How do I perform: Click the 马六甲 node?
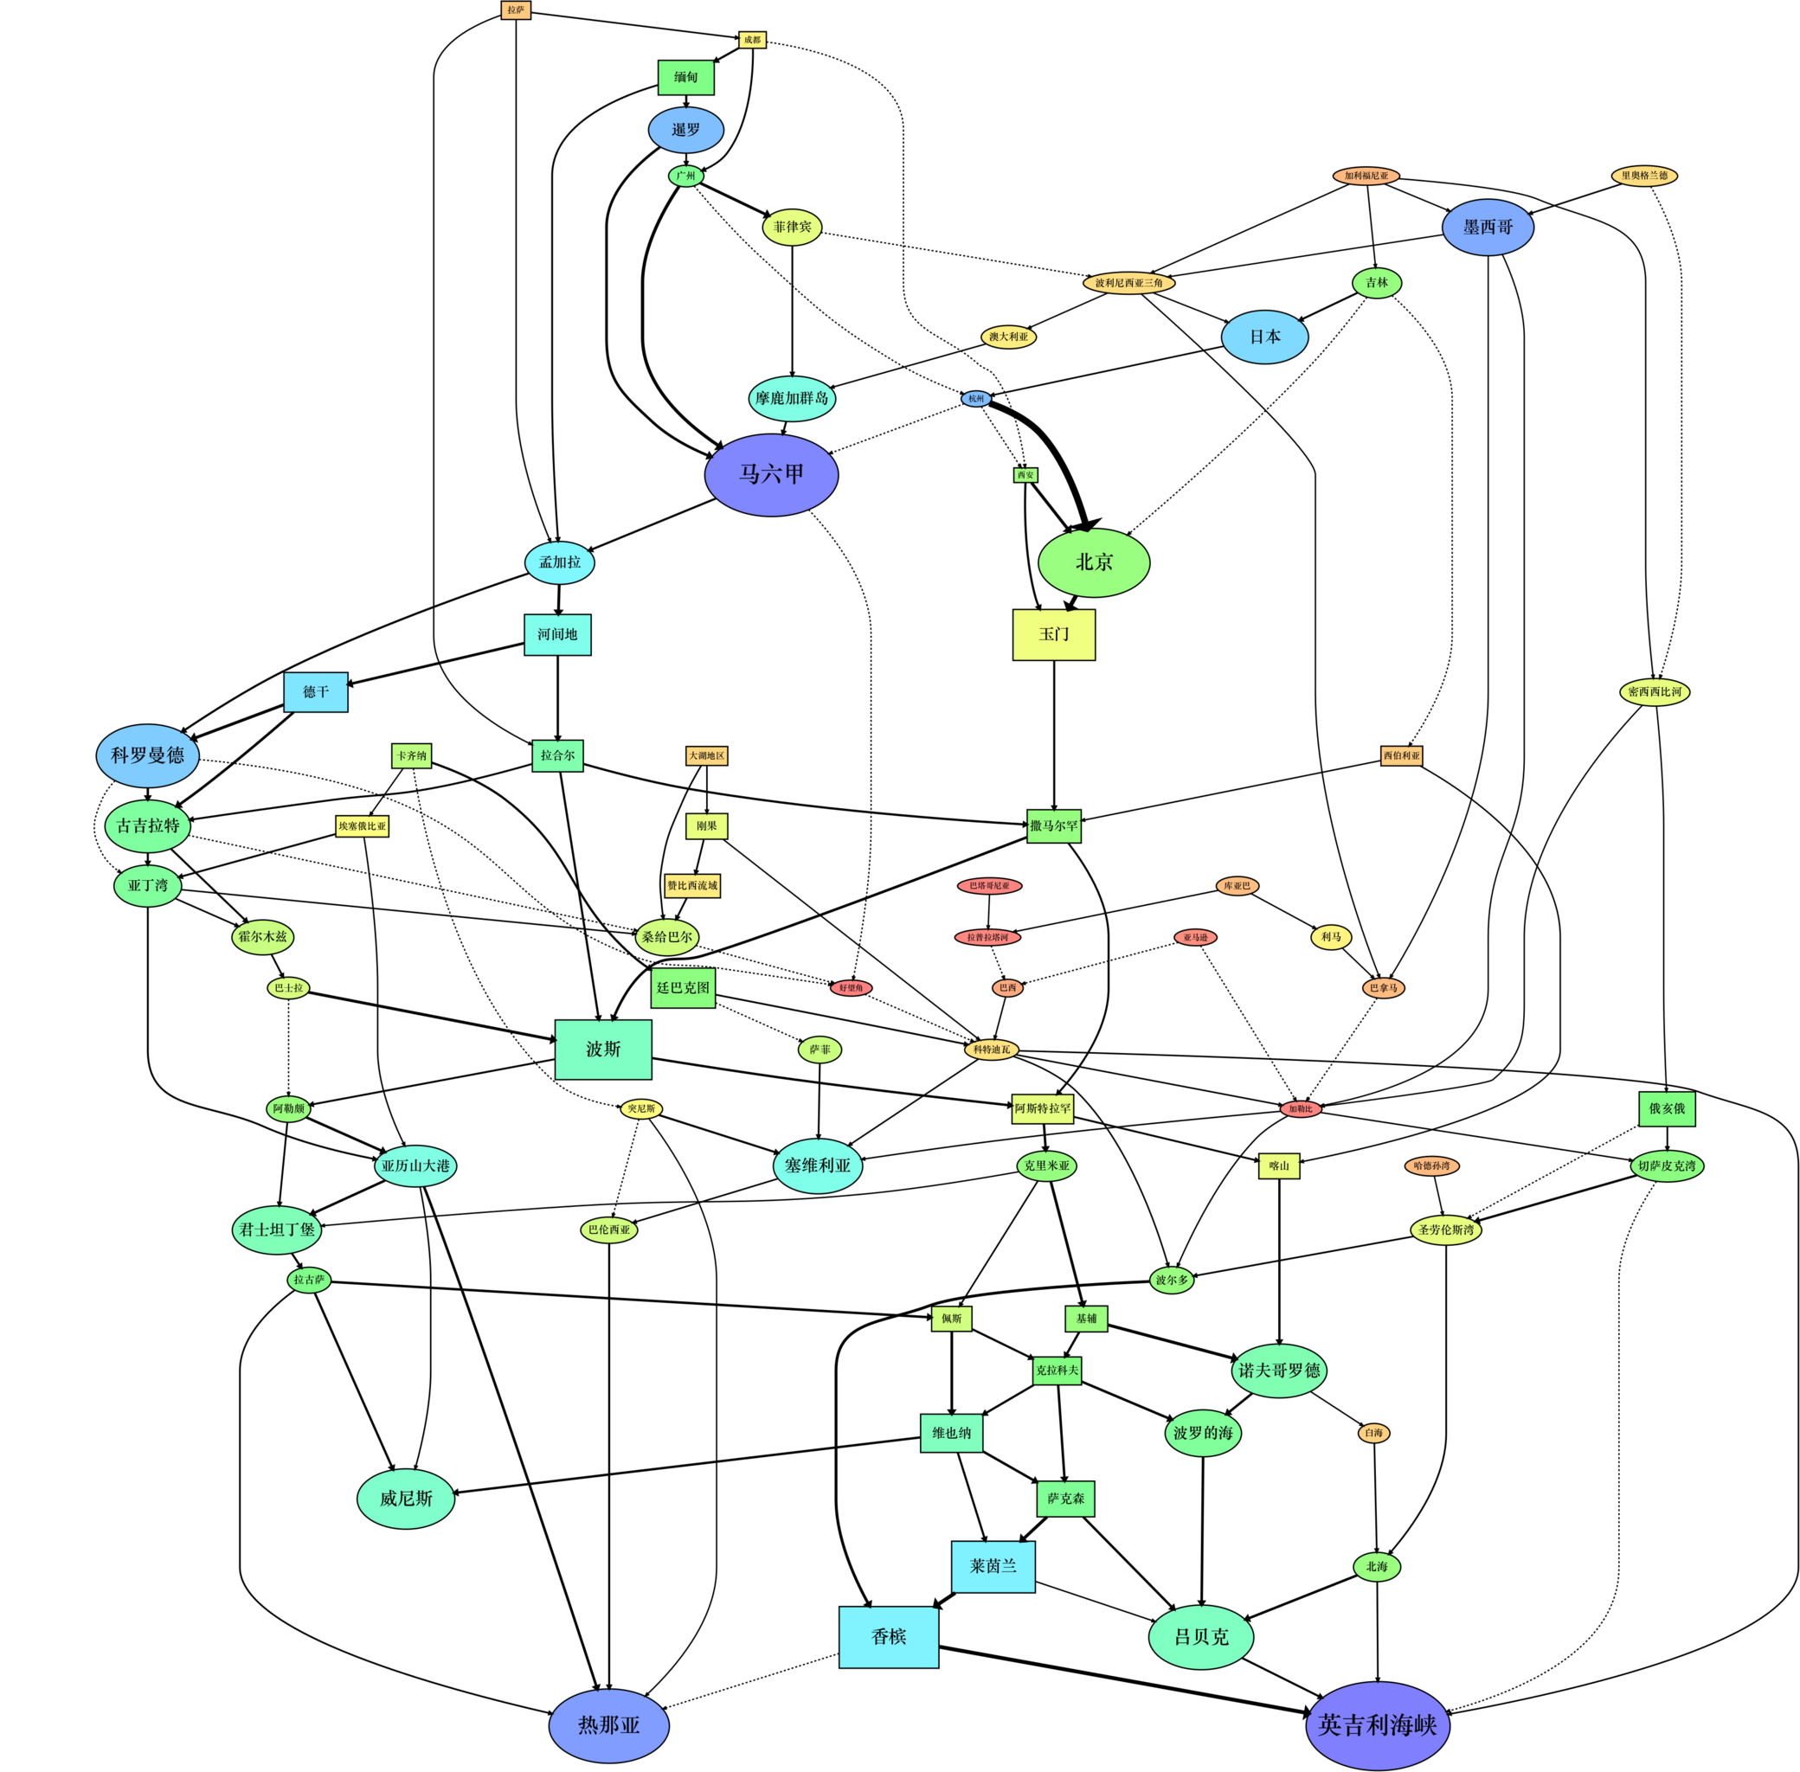coord(771,475)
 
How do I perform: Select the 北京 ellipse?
coord(1094,562)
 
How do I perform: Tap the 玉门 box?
coord(1053,635)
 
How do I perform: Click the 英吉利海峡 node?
coord(1378,1725)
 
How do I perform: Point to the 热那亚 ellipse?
coord(608,1725)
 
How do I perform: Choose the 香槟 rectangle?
coord(888,1637)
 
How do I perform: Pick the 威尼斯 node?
coord(406,1499)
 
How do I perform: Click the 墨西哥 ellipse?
coord(1488,227)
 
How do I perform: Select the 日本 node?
coord(1264,337)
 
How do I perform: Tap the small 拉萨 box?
coord(516,10)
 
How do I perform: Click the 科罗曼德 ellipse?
coord(147,755)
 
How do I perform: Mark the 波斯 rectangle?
coord(603,1050)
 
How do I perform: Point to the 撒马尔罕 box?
coord(1053,825)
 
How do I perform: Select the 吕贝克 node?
coord(1200,1637)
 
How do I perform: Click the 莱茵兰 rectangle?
coord(993,1566)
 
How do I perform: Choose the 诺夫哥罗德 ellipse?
coord(1279,1371)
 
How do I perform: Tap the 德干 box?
coord(316,692)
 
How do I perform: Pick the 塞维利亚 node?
coord(817,1165)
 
